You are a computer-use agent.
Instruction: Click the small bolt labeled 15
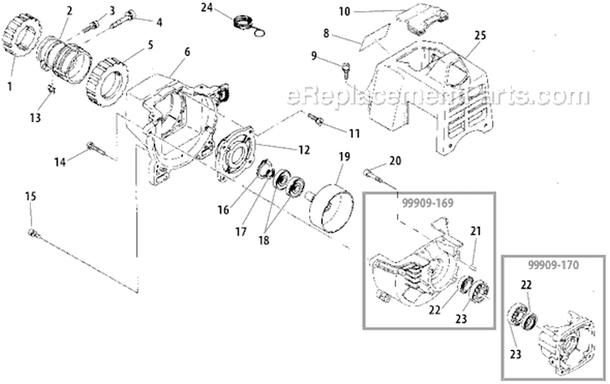[33, 233]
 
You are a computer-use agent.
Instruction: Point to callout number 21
[475, 231]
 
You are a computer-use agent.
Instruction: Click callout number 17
[241, 230]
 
